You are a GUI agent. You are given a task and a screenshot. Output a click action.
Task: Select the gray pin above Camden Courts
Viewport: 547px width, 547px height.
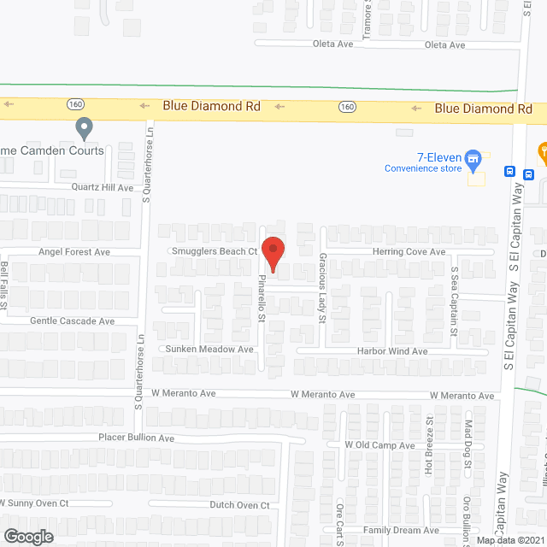84,129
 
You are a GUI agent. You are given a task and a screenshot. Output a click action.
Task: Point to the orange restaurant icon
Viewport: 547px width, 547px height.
542,152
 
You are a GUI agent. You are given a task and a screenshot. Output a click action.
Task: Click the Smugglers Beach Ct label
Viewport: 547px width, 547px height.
215,251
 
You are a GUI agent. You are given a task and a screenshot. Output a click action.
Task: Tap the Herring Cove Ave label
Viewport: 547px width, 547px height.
409,252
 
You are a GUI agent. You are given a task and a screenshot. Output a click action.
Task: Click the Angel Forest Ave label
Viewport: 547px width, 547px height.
74,252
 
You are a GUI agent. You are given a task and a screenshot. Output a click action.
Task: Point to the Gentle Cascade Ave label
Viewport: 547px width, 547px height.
72,321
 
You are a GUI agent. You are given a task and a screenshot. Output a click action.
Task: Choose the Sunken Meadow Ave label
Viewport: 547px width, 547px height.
209,350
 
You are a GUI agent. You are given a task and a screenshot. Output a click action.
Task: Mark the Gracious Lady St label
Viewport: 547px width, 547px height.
323,287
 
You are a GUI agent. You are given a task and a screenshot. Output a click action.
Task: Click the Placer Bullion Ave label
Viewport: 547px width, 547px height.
136,438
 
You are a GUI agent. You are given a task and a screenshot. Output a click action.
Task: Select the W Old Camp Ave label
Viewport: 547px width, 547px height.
379,445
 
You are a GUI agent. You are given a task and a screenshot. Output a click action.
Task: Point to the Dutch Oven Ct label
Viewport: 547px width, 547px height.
239,505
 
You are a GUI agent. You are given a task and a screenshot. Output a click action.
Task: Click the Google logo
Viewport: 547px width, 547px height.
27,536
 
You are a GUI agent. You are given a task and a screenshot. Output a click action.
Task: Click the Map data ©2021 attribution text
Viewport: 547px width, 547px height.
510,540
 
